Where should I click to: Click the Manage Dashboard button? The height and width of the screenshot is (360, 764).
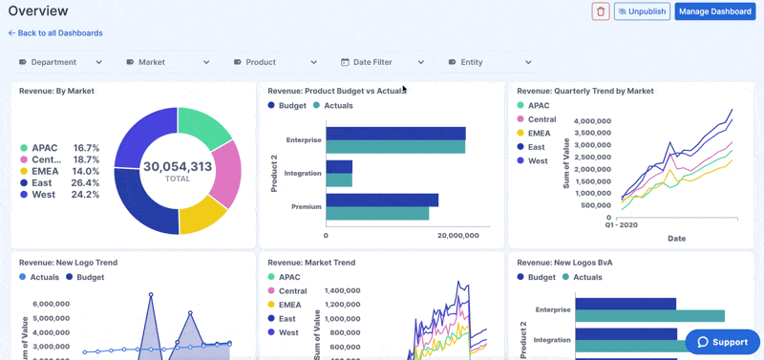pos(714,11)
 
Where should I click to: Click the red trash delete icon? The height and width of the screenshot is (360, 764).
pos(601,11)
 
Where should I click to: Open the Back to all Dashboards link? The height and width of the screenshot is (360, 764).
pos(55,33)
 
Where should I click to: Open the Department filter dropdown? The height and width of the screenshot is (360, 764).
pos(61,62)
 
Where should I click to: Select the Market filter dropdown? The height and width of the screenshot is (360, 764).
pos(168,62)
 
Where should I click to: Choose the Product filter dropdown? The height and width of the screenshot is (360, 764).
pos(275,62)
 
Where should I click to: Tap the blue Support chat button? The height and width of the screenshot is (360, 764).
pos(722,342)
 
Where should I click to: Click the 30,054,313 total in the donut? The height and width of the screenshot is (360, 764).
pos(177,166)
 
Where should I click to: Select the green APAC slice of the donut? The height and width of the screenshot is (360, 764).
pos(203,123)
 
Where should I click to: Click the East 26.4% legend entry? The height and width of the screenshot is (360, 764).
pos(59,182)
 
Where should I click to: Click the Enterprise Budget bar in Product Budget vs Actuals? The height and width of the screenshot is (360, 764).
pos(394,134)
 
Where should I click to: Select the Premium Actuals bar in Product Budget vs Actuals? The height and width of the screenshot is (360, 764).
pos(377,213)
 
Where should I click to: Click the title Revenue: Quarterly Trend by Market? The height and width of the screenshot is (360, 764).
pos(584,91)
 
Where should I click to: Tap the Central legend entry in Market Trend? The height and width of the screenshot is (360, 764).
pos(292,290)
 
